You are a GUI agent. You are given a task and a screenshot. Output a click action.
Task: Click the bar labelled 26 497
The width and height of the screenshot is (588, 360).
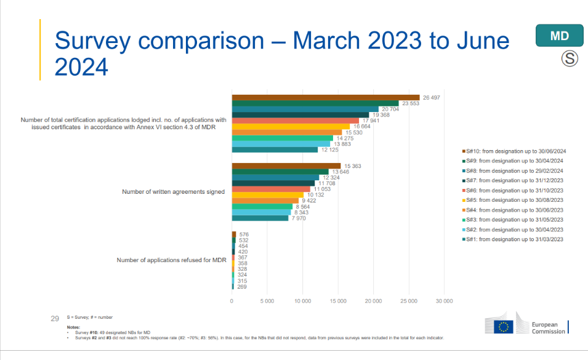(325, 97)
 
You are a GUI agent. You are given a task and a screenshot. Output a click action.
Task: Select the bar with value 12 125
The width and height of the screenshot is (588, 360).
(275, 150)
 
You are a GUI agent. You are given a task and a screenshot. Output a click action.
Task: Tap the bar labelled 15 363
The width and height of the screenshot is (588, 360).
(286, 166)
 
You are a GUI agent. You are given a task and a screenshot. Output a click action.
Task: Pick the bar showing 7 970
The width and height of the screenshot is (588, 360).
(260, 218)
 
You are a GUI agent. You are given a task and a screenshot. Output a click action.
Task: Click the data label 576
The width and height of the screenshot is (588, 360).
(244, 234)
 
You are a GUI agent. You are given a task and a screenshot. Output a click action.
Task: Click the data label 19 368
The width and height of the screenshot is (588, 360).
(380, 115)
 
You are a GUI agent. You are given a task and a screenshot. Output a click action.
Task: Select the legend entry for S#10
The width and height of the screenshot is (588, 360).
(513, 151)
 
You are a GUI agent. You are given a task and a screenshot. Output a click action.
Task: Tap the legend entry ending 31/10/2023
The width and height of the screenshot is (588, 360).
(513, 190)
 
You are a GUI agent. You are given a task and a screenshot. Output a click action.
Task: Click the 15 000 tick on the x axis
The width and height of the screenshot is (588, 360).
(338, 301)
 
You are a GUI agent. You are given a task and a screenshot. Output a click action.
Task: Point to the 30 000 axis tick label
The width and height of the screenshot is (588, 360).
(444, 301)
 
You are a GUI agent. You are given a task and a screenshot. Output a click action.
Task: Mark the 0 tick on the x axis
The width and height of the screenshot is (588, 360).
(232, 301)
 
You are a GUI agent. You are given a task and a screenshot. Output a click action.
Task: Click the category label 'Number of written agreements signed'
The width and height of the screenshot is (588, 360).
(173, 192)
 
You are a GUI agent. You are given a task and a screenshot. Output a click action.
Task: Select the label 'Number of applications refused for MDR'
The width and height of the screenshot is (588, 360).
(171, 260)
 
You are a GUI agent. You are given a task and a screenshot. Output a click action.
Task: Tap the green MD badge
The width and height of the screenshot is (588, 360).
(559, 36)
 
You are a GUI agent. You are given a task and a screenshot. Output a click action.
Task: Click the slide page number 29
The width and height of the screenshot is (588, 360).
(54, 318)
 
